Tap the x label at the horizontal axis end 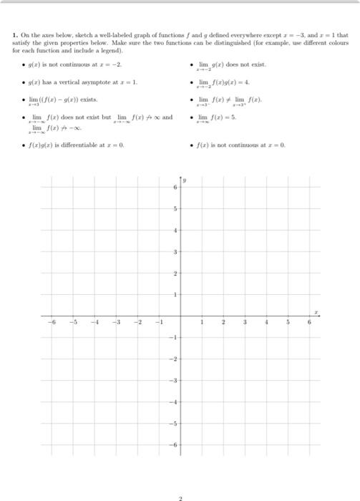314,312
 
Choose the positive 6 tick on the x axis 309,322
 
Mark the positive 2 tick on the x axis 223,322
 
